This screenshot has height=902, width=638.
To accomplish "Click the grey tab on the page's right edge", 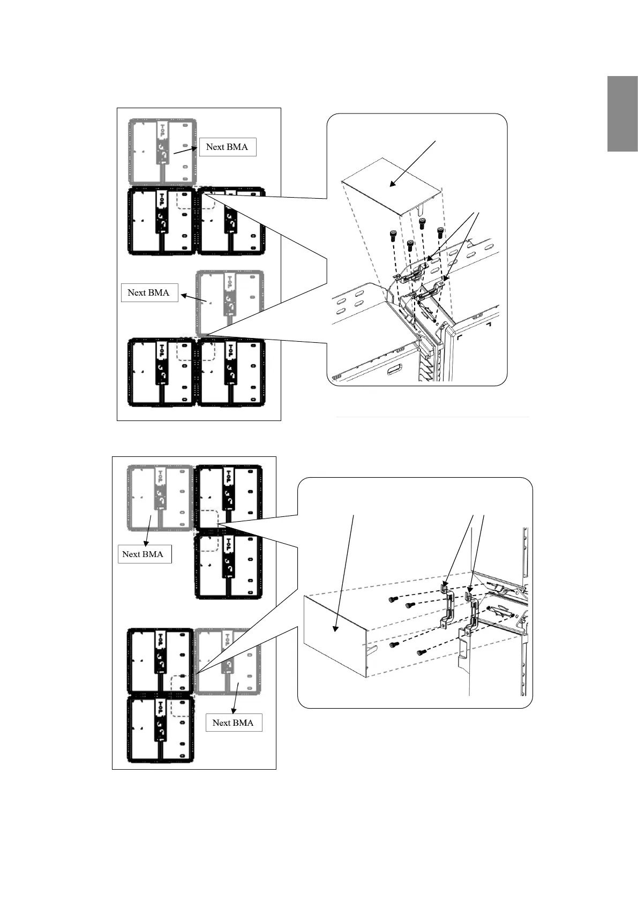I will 622,114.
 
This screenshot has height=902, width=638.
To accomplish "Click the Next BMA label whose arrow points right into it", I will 227,147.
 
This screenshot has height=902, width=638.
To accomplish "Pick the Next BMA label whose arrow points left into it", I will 149,292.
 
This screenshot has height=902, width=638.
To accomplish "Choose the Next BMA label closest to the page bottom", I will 233,723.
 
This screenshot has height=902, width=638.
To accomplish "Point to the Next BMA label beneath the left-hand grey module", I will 142,554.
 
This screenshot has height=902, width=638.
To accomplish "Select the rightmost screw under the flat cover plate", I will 440,232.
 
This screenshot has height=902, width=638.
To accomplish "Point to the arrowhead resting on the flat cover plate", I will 392,185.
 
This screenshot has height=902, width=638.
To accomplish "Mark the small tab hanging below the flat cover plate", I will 421,206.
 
